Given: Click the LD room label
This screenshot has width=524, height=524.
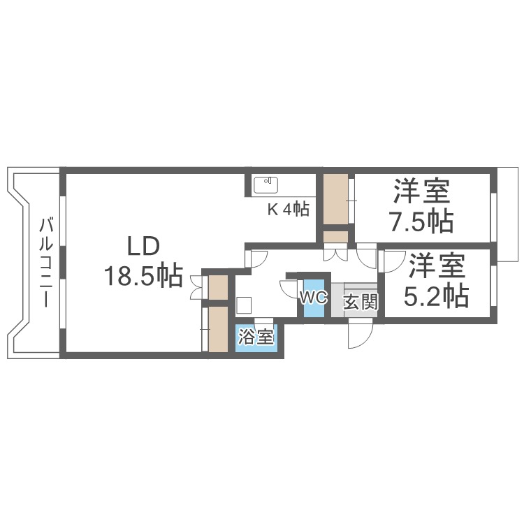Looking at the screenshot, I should point(143,246).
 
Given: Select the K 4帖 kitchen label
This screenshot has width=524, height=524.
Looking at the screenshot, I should point(288,209).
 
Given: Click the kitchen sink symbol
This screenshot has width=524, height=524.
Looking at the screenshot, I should point(266,185).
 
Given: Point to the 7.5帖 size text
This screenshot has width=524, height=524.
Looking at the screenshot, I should point(421,221).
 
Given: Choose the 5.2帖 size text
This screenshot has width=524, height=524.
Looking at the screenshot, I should point(437,296).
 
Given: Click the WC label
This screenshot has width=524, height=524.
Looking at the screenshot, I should point(313,297).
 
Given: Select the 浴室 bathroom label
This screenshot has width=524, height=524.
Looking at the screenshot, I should point(256,337).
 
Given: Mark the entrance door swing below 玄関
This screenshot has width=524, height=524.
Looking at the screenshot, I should point(361,336).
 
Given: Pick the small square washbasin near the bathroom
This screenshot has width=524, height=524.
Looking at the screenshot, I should point(244,305).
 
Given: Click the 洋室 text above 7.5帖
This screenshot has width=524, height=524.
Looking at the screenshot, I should point(421,191).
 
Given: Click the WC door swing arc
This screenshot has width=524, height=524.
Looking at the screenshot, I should point(288,289).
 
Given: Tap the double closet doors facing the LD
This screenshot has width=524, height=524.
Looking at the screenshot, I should point(196,288).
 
